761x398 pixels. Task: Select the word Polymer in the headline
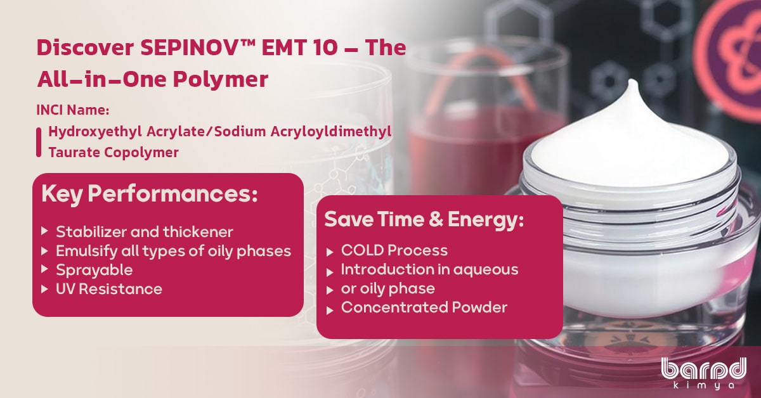[x=221, y=80]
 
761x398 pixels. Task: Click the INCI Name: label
[x=73, y=110]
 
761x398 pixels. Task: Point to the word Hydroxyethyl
[x=95, y=132]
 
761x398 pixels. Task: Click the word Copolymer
[x=141, y=153]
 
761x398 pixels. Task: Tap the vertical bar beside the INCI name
[x=39, y=143]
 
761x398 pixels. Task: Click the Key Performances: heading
[x=150, y=194]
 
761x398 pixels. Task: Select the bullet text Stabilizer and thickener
[x=145, y=232]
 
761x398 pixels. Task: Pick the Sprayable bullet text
[x=94, y=271]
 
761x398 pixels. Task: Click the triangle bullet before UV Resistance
[x=44, y=290]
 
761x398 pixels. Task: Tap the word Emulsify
[x=88, y=252]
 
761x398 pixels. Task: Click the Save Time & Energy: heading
[x=424, y=220]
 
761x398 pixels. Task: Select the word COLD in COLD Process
[x=363, y=250]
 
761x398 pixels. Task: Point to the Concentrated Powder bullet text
[x=424, y=307]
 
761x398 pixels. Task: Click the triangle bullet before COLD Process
[x=330, y=252]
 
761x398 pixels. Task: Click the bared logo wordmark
[x=703, y=368]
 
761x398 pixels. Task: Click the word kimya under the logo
[x=703, y=386]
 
